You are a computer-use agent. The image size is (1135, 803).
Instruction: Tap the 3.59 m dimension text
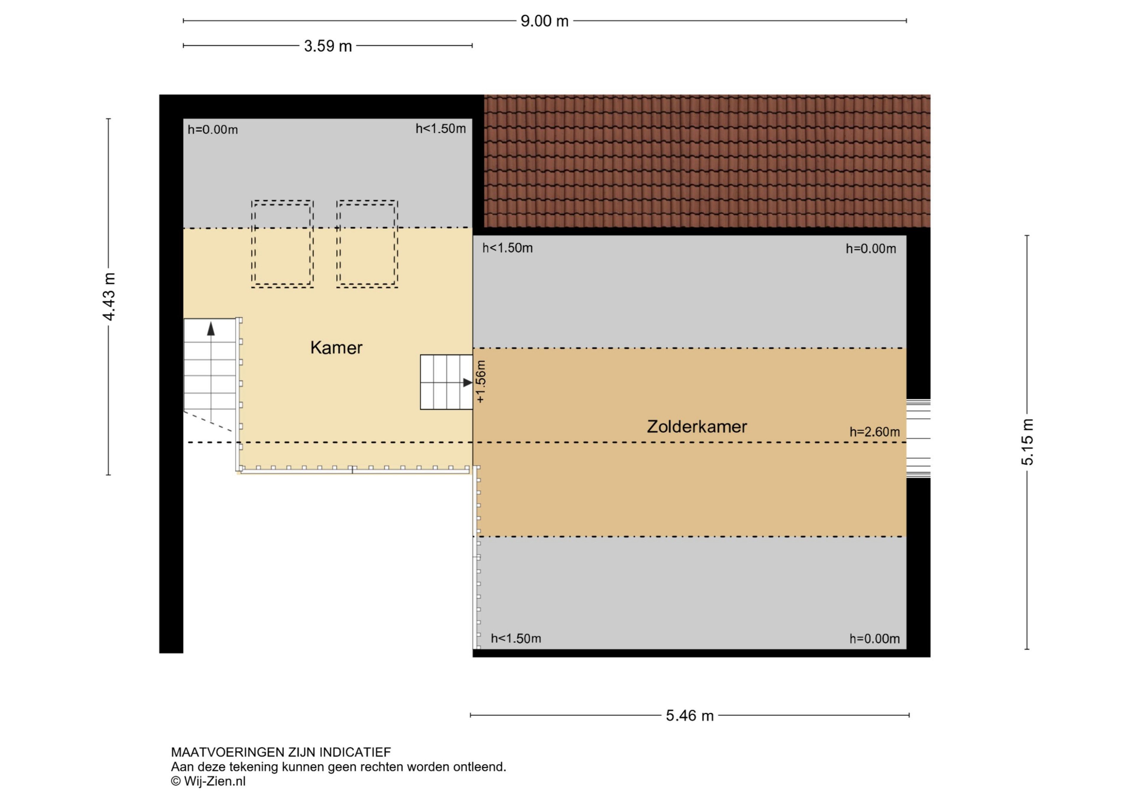pyautogui.click(x=328, y=46)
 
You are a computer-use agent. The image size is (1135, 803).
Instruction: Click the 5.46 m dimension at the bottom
pyautogui.click(x=690, y=715)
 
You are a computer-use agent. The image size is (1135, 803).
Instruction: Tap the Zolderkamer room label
pyautogui.click(x=697, y=426)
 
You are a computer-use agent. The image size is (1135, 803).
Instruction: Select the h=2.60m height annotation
pyautogui.click(x=875, y=432)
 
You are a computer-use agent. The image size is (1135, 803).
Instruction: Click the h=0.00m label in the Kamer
pyautogui.click(x=213, y=130)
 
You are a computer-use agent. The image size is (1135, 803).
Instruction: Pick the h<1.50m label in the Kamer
pyautogui.click(x=440, y=129)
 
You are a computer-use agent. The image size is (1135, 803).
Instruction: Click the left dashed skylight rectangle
pyautogui.click(x=282, y=244)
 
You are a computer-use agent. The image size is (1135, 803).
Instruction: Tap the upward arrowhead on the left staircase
pyautogui.click(x=211, y=329)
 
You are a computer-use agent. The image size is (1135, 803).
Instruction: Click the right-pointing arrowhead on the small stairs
pyautogui.click(x=467, y=382)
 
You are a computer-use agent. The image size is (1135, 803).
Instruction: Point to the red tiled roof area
pyautogui.click(x=707, y=161)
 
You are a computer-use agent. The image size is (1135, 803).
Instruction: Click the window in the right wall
pyautogui.click(x=918, y=438)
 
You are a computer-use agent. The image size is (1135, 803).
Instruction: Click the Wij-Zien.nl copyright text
pyautogui.click(x=208, y=781)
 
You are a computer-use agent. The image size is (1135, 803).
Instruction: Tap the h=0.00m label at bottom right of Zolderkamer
pyautogui.click(x=875, y=639)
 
